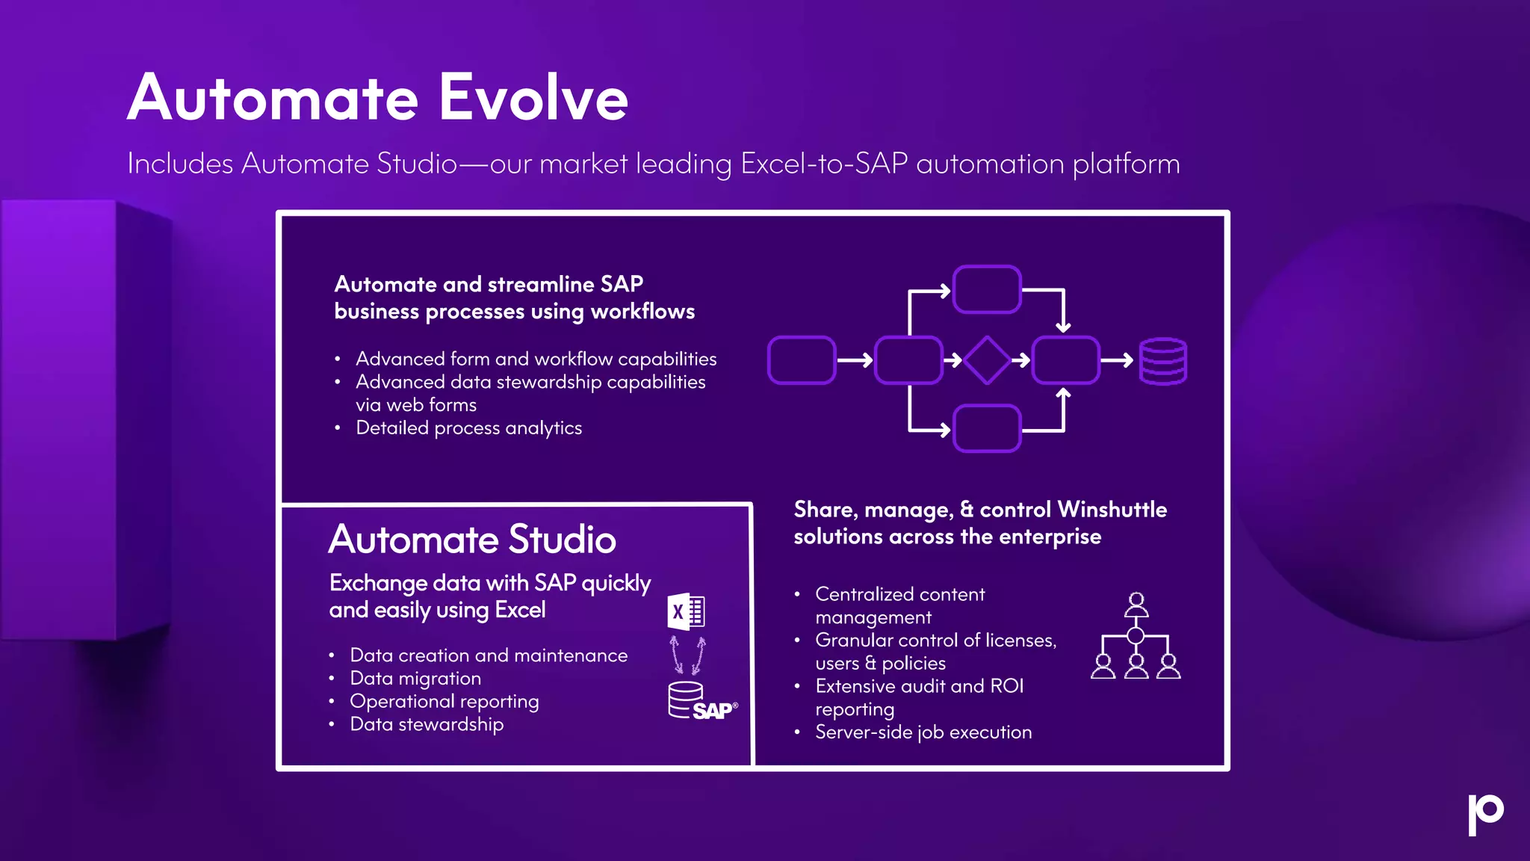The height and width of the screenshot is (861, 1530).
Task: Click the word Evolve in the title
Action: coord(533,98)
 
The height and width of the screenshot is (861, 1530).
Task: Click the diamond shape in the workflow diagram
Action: coord(987,360)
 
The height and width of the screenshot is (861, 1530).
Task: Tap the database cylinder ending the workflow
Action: coord(1162,361)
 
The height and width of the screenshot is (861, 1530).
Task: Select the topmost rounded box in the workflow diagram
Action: coord(987,289)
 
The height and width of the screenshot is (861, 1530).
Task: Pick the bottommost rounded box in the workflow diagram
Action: coord(987,428)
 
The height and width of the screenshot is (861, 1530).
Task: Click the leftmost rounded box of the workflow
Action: coord(802,360)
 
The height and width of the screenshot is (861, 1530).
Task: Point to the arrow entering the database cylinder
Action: coord(1118,360)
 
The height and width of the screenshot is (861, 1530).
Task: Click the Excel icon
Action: coord(686,611)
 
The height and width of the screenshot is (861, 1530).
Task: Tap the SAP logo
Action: coord(714,710)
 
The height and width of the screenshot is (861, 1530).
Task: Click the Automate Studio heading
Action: coord(472,540)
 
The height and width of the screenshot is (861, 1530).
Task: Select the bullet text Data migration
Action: coord(415,679)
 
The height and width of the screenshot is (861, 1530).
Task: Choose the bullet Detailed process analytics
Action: coord(468,428)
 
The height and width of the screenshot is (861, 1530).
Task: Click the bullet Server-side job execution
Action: coord(923,732)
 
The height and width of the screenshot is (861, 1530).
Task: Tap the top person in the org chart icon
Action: coord(1136,602)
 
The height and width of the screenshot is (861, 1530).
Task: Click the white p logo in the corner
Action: coord(1484,813)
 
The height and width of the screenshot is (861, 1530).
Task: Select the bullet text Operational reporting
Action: coord(444,702)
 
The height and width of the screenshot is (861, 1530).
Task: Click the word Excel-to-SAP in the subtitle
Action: coord(824,164)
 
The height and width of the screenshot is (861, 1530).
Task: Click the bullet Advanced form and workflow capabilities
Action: coord(536,359)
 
